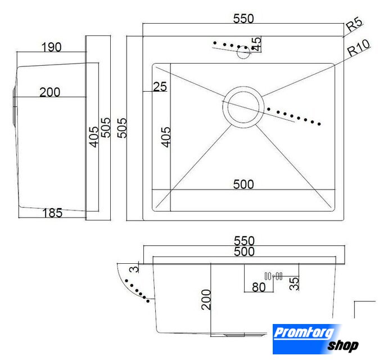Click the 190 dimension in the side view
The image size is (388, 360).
52,47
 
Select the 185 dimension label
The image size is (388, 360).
52,213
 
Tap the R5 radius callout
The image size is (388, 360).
354,24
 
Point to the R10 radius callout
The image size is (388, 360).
359,48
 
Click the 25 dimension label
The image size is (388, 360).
160,87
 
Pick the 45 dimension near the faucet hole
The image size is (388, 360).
256,44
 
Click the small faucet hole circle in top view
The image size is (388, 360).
243,52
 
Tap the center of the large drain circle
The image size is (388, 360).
243,107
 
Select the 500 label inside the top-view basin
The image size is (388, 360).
243,184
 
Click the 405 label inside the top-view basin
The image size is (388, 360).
166,137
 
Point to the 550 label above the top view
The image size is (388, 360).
243,19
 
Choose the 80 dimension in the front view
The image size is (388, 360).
259,287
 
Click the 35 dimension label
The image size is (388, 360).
294,283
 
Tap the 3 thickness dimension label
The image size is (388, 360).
134,269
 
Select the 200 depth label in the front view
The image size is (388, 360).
206,300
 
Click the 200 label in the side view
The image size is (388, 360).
49,92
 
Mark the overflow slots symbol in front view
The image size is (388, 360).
273,276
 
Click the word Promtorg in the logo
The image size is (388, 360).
304,332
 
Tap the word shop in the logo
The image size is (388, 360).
343,345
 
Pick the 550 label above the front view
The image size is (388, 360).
244,241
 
